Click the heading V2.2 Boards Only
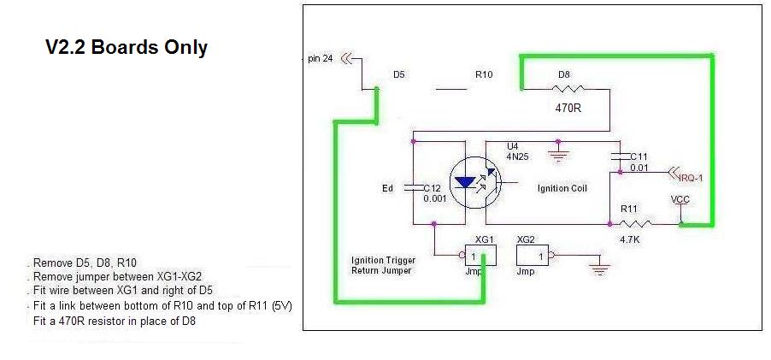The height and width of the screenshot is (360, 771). [x=126, y=48]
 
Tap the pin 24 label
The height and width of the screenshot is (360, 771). [x=321, y=59]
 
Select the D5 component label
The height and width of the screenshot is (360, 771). [x=398, y=75]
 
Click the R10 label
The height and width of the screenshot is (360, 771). [x=484, y=75]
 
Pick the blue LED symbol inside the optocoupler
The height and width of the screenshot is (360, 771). [x=466, y=182]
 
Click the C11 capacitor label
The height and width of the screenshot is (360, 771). [x=639, y=156]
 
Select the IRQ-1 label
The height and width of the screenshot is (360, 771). [x=689, y=178]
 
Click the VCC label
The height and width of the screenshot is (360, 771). [x=681, y=200]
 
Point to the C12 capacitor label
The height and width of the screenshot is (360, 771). [x=434, y=187]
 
